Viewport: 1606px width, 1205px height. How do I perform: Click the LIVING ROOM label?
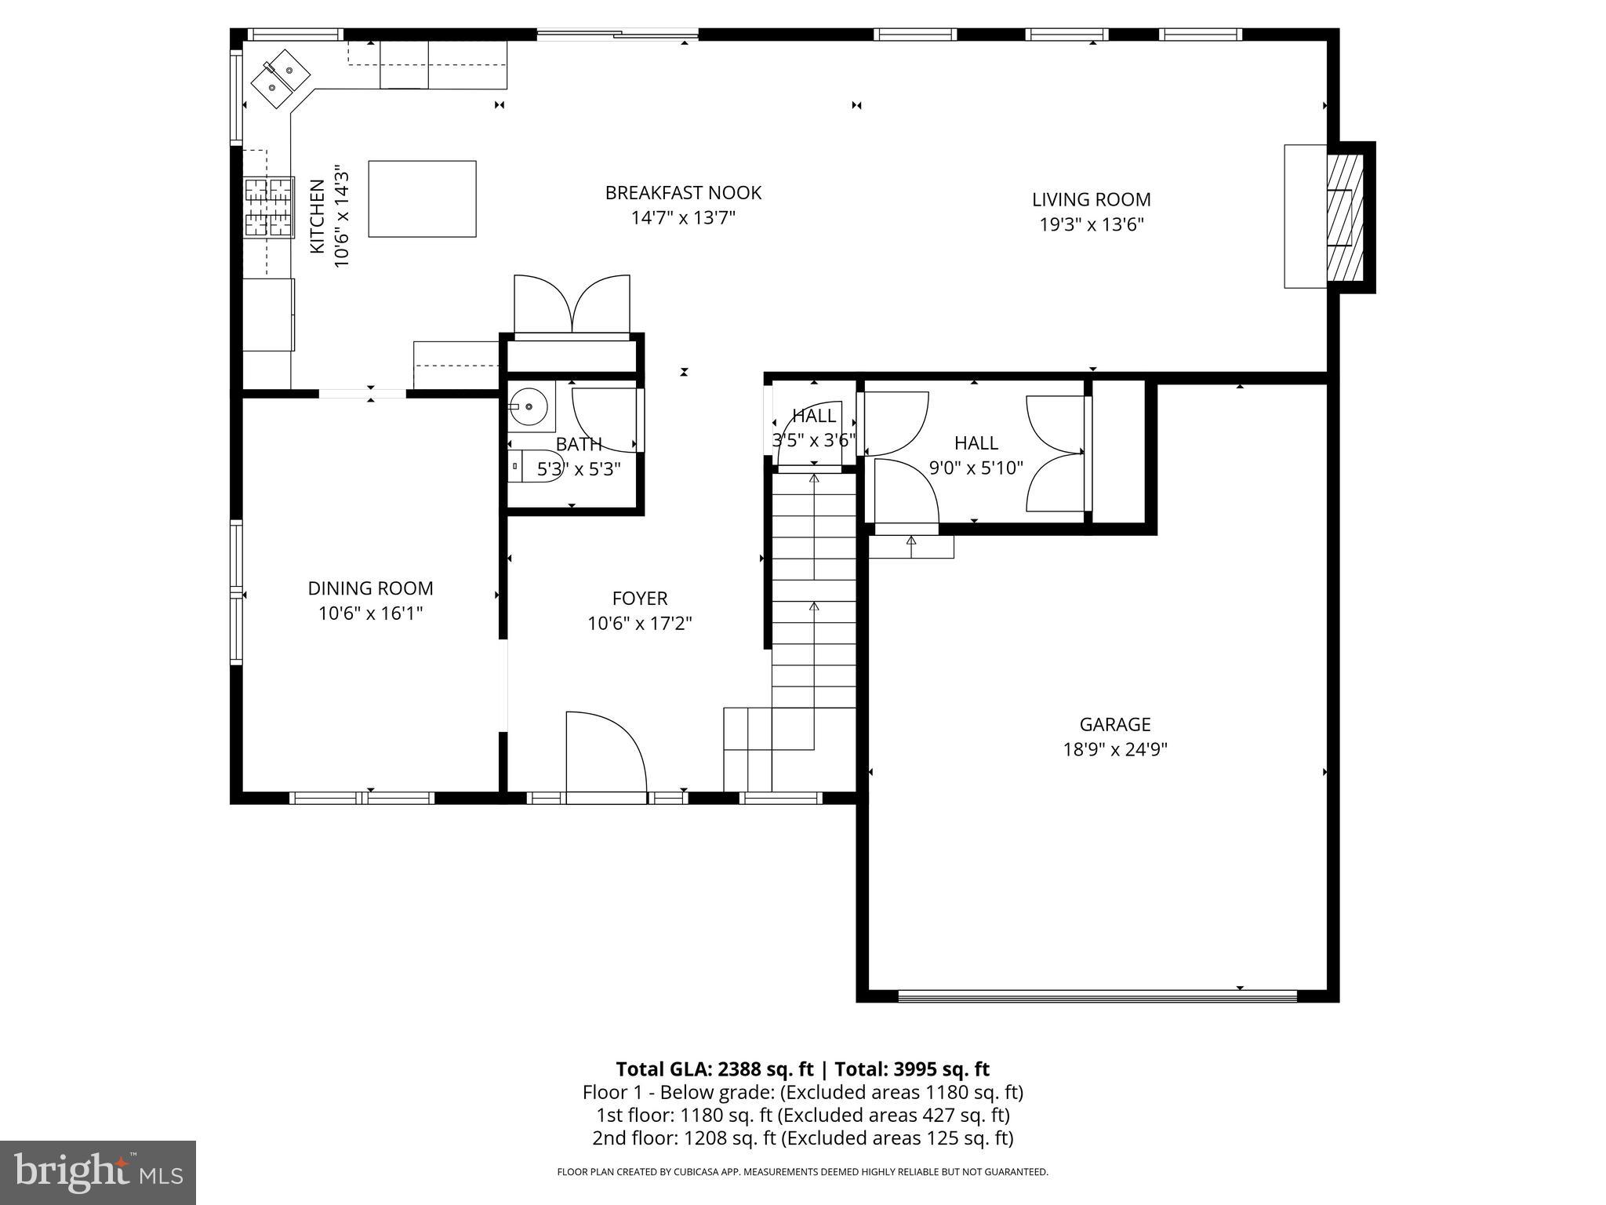(x=1091, y=199)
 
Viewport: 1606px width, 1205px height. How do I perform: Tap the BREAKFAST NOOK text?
(x=683, y=192)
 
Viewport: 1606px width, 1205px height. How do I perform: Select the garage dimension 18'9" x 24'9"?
(x=1114, y=749)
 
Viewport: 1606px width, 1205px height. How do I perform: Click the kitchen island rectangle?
(x=422, y=198)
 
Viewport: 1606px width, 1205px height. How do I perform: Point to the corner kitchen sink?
(x=279, y=77)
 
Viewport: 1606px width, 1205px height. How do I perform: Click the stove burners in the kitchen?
(x=268, y=207)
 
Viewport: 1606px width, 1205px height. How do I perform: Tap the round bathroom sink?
(x=528, y=406)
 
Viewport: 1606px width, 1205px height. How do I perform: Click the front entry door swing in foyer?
(x=605, y=753)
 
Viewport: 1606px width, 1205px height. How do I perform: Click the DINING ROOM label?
(x=370, y=588)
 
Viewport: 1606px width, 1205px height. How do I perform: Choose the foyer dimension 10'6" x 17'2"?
(x=640, y=624)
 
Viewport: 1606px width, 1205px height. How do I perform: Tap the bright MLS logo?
(x=98, y=1172)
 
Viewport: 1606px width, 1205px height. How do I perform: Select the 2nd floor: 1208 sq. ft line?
(x=802, y=1138)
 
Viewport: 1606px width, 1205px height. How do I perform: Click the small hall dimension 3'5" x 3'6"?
(x=813, y=440)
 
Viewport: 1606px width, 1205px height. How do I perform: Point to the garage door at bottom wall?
(x=1097, y=996)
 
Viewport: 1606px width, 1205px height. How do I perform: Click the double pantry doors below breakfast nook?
(x=572, y=304)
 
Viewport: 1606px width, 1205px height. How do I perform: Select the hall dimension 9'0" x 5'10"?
(x=976, y=468)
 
